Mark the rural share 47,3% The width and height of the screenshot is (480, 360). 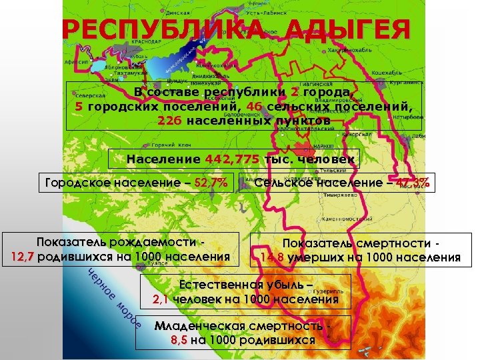[x=413, y=183]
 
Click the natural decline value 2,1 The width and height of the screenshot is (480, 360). [x=161, y=299]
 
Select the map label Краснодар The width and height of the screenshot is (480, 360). [x=141, y=41]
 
